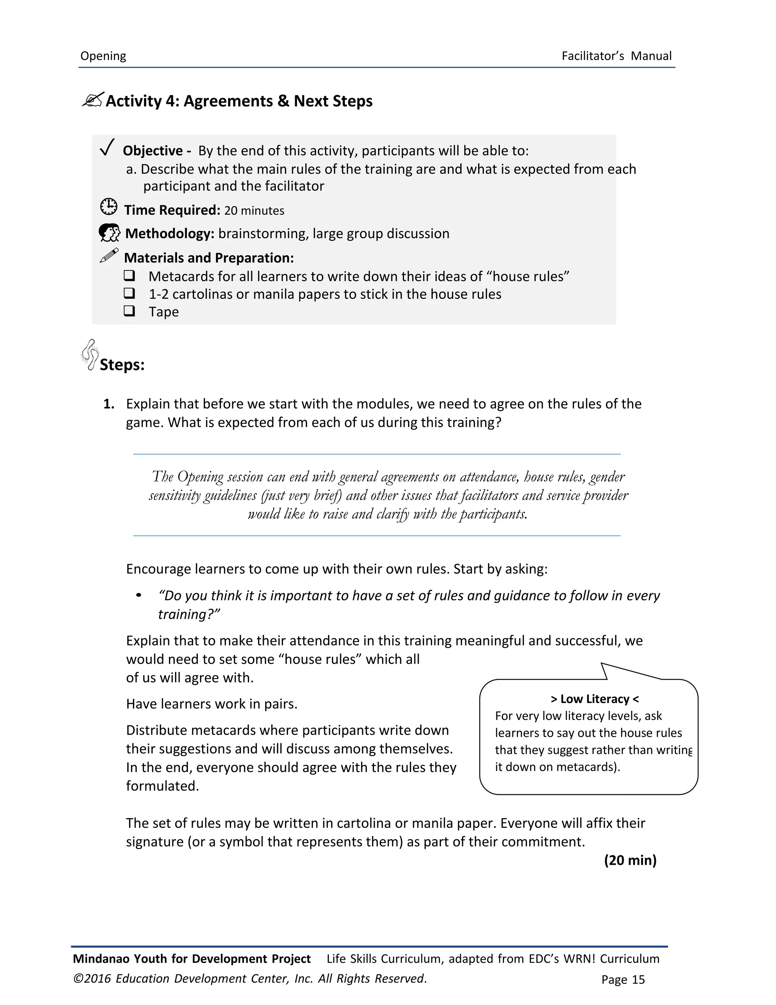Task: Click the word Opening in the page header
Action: [103, 56]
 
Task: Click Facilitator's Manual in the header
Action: [616, 56]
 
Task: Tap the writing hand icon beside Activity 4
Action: [93, 99]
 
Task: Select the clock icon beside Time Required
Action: [108, 207]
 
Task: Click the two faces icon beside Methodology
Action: [110, 233]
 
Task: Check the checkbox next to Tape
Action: [129, 311]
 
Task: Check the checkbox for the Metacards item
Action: [129, 275]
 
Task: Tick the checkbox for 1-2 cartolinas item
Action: [129, 293]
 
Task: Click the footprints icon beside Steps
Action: [90, 354]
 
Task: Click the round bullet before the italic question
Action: [138, 596]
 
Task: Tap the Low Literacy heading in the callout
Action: [595, 699]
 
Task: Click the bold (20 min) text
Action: [630, 860]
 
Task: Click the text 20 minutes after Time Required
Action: [254, 211]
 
